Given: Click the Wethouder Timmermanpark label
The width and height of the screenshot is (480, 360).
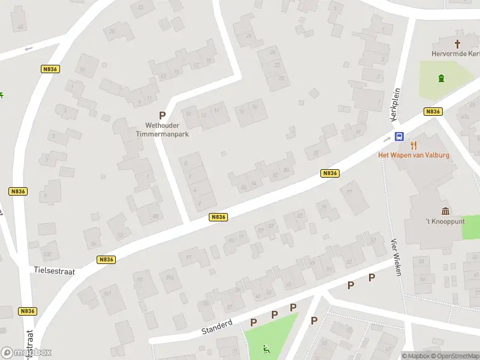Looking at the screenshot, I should point(162,130).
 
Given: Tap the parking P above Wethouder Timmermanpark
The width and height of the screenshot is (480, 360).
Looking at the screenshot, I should point(162,115).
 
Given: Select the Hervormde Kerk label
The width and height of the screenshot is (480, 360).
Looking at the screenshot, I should point(455,53).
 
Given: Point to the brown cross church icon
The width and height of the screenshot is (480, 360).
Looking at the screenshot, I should point(457,43).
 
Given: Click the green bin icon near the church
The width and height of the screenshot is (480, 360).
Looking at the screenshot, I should point(442,78).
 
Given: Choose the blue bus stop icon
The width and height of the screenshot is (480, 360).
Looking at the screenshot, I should point(399,136).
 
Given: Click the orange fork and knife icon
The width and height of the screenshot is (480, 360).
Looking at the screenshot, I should point(413,145).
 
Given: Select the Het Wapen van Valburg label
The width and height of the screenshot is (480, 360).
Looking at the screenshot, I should point(413,155).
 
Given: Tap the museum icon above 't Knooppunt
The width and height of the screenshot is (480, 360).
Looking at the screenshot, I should point(446,211).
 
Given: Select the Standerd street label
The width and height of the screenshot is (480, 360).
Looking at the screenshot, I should point(217,327).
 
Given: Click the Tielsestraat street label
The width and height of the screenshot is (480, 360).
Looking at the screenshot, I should point(54,271).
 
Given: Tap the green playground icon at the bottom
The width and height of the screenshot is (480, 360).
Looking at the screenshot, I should point(266,349).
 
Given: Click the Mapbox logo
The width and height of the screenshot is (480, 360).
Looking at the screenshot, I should point(26,353).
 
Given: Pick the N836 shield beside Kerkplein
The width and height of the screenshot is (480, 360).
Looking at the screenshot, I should point(433,112).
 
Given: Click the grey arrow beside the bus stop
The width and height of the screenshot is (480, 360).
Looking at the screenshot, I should point(386,138).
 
